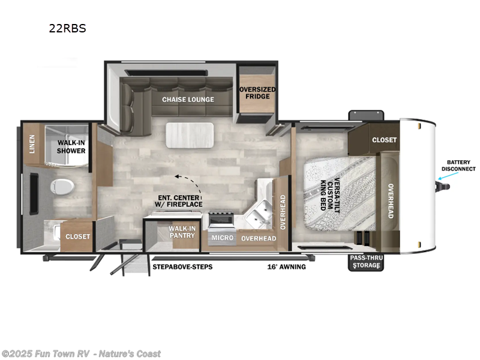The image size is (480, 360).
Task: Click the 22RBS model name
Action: coord(67,28)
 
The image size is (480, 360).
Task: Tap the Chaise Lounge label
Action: coord(188,100)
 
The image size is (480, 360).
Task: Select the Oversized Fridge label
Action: coord(257,94)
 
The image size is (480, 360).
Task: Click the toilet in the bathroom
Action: coord(62,186)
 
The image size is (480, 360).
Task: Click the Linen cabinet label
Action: coord(32,144)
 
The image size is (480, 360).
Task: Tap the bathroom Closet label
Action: coord(77,236)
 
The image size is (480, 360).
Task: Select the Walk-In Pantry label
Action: coord(181,232)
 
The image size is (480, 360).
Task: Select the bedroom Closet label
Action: coord(384,140)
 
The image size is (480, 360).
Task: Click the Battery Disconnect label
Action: coord(458,166)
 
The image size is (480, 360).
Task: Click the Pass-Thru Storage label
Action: coord(365,262)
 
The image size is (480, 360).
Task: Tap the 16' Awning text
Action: coord(288,266)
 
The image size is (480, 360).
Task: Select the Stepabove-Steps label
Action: coord(182,266)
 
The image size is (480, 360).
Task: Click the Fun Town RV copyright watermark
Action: coord(81,353)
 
